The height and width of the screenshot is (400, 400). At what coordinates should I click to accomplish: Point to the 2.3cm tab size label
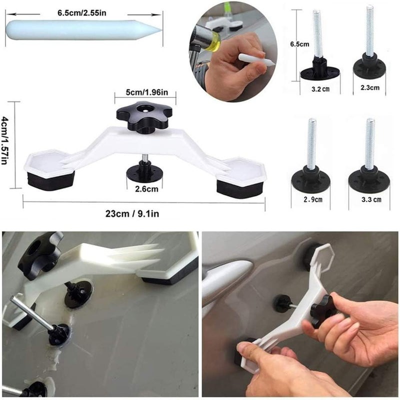pos(369,87)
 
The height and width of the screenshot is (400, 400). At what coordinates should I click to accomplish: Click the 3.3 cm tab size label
pos(369,199)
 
